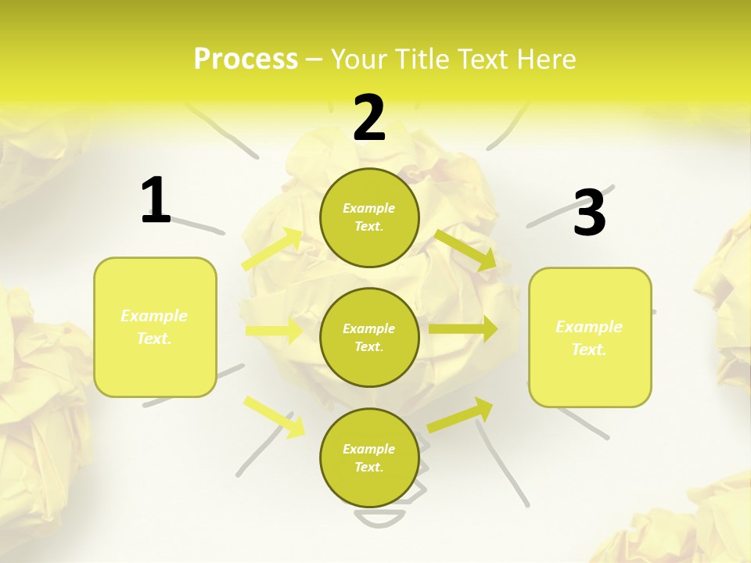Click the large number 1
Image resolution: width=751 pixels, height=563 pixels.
(x=156, y=201)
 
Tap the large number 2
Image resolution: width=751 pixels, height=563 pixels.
(x=369, y=118)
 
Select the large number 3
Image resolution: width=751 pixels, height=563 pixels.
(x=589, y=213)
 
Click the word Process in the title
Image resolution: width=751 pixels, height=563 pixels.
(x=246, y=59)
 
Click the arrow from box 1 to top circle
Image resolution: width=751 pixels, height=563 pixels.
(x=272, y=249)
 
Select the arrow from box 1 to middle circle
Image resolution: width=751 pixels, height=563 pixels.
(x=274, y=331)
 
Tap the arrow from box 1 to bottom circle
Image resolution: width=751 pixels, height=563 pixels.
(x=274, y=415)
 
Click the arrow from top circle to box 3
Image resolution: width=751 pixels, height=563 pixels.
(x=465, y=249)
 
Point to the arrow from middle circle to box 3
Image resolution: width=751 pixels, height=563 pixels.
(x=463, y=329)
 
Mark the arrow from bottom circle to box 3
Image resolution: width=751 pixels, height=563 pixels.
(x=461, y=414)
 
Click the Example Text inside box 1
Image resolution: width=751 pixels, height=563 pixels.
(x=154, y=327)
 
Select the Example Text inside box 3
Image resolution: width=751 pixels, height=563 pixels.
(x=589, y=338)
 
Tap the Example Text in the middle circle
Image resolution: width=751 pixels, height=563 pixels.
(x=369, y=338)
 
